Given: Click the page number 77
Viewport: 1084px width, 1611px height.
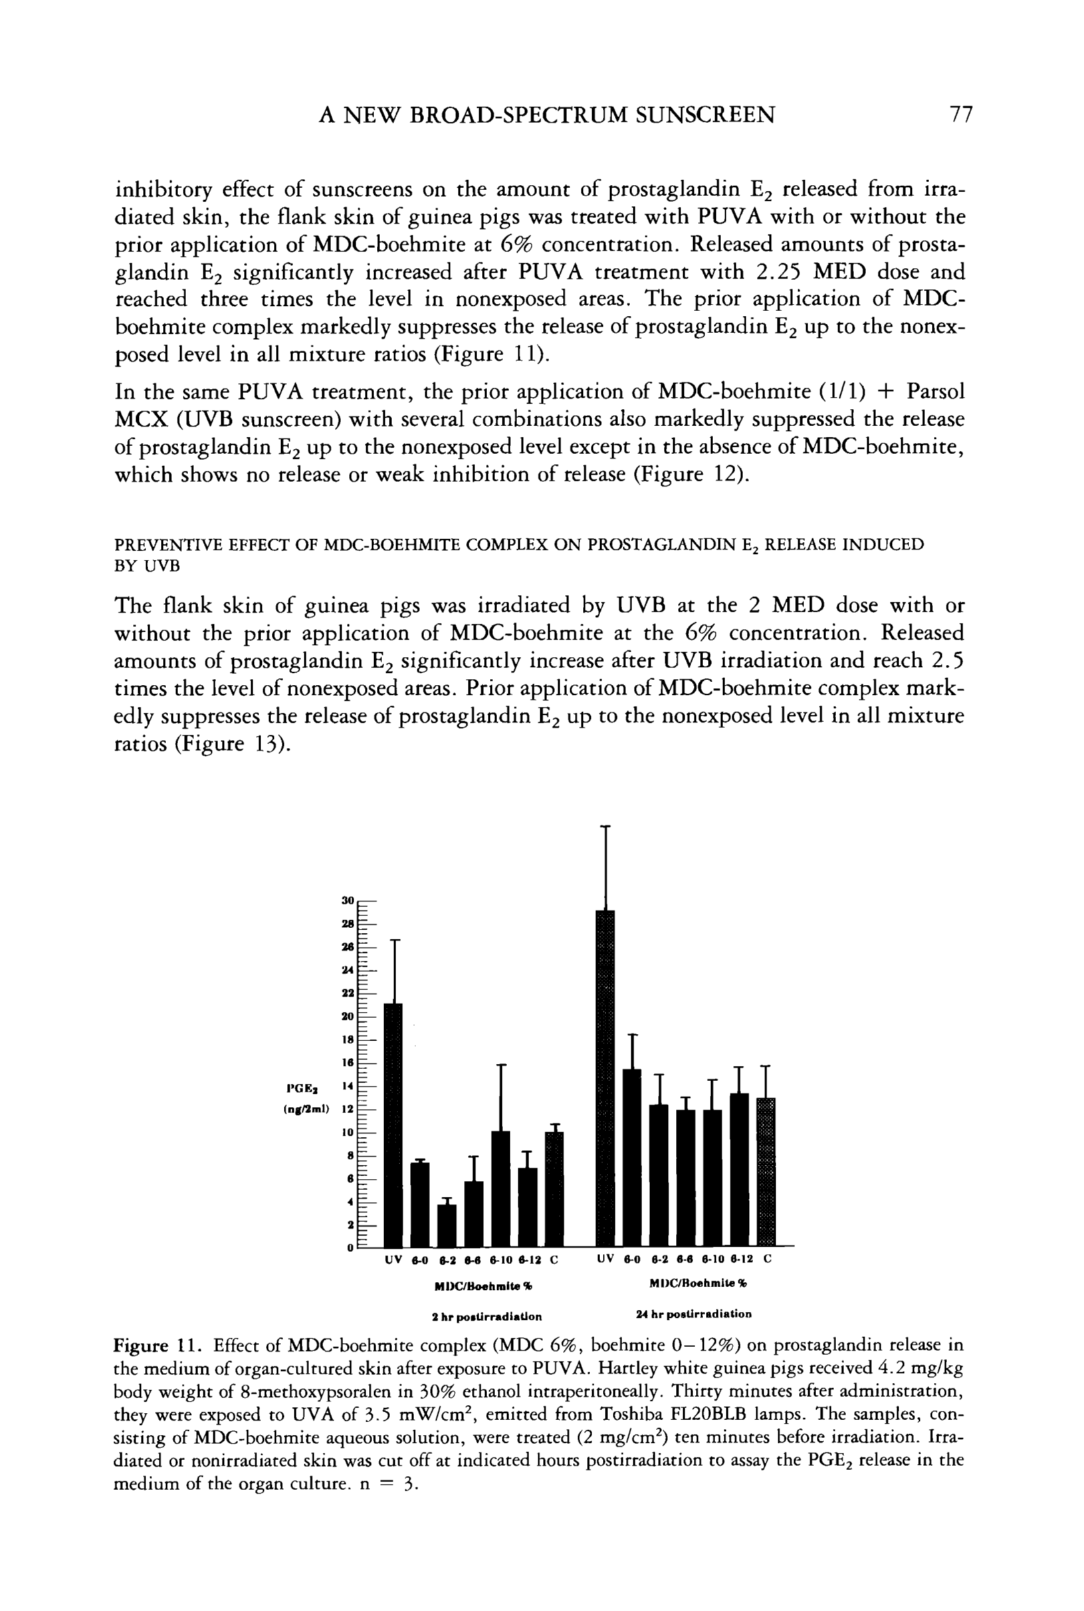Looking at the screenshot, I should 961,114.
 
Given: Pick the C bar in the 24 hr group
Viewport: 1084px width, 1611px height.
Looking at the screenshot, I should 766,1172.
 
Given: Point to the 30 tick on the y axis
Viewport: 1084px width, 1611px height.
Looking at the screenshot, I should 348,901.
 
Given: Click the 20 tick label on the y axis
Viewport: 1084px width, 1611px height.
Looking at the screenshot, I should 348,1017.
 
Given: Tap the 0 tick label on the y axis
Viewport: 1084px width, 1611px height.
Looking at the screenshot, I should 350,1248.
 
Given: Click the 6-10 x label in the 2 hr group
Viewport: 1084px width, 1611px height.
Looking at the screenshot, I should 501,1260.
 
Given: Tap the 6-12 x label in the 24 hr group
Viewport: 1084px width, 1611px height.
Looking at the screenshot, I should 740,1259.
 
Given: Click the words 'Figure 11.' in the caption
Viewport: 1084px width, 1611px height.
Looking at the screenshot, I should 157,1346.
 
